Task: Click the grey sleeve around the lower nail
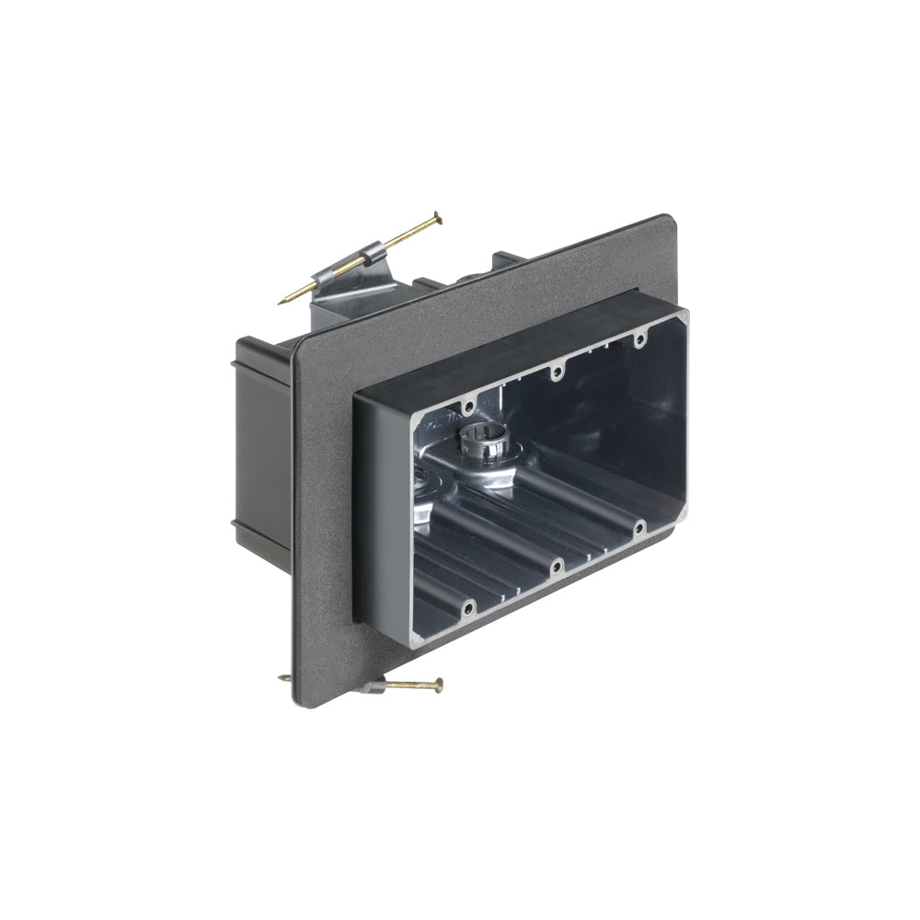click(372, 685)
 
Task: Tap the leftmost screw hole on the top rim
click(468, 406)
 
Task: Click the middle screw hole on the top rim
click(555, 373)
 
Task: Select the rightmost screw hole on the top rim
click(638, 340)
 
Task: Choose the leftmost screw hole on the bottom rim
click(468, 606)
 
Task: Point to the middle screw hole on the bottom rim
click(556, 568)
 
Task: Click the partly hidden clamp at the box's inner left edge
click(421, 483)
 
